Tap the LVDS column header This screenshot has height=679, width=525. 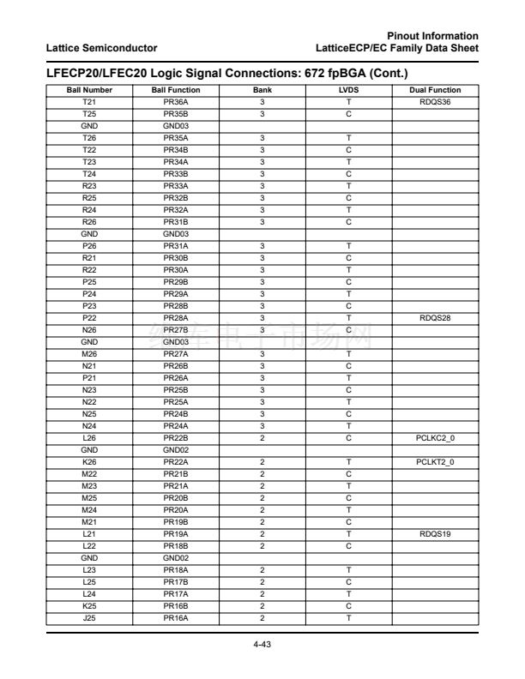(x=347, y=89)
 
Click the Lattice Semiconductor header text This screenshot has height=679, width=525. (x=102, y=45)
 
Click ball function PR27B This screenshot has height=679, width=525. (x=175, y=328)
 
